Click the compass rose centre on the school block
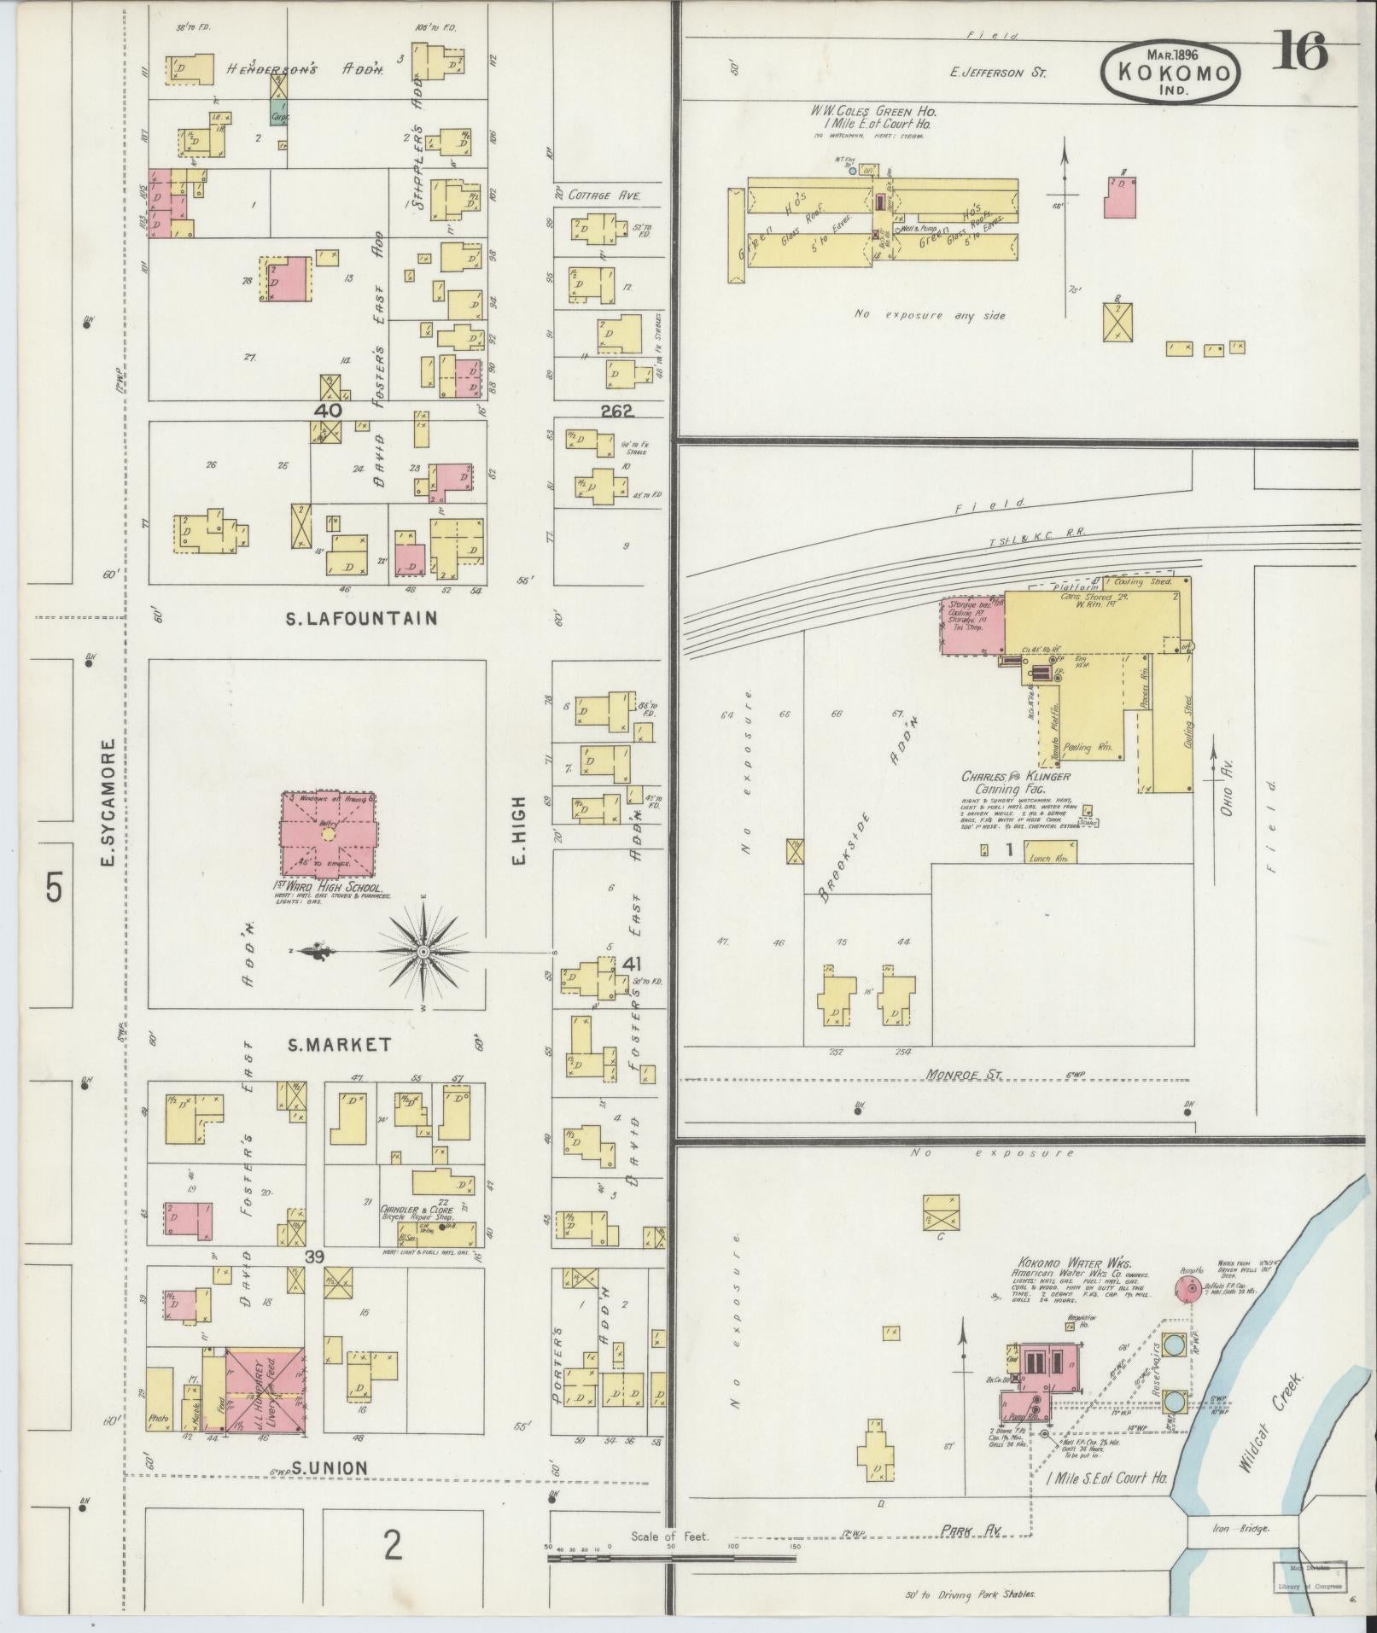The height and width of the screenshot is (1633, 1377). (x=423, y=951)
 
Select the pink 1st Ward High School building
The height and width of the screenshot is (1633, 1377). (x=329, y=834)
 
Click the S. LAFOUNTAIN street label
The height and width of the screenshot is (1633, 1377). (x=361, y=618)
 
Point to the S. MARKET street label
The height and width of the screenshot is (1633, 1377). (x=339, y=1044)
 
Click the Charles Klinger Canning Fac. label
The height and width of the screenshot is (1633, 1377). (x=1015, y=784)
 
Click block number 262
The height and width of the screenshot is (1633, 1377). (x=616, y=411)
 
